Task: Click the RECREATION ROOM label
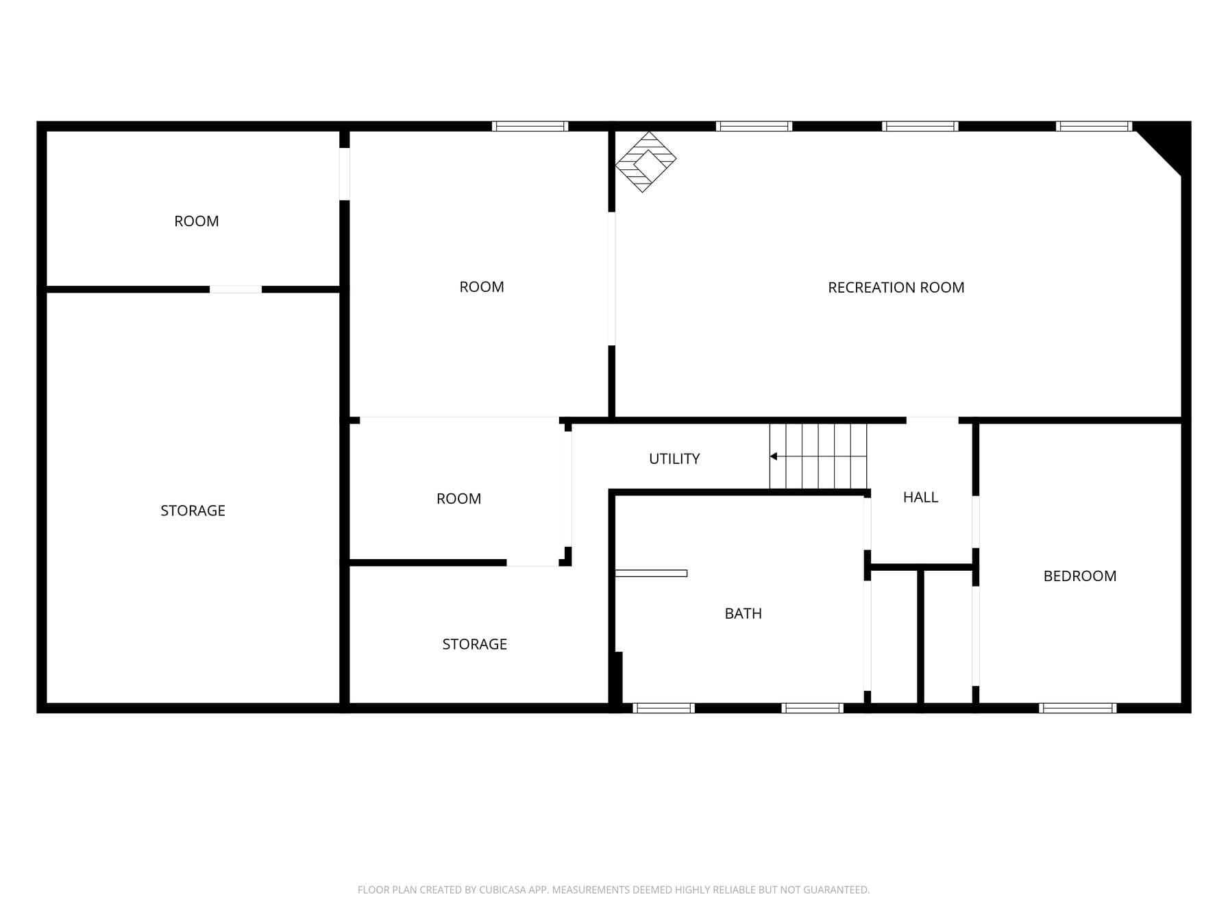(896, 288)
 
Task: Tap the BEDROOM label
(1079, 576)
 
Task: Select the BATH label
(743, 613)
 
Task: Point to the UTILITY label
(674, 459)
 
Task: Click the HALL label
(920, 498)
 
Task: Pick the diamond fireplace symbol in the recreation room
(646, 162)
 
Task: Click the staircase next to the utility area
(818, 456)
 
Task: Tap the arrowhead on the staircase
(773, 456)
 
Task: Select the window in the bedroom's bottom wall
(1078, 708)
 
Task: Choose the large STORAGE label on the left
(193, 511)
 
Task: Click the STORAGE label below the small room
(474, 645)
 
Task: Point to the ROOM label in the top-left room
(196, 221)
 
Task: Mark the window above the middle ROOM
(530, 126)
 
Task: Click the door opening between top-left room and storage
(235, 289)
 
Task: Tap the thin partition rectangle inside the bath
(651, 574)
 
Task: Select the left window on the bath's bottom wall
(663, 708)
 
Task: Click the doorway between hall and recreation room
(932, 420)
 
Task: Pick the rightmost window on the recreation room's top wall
(1094, 126)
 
